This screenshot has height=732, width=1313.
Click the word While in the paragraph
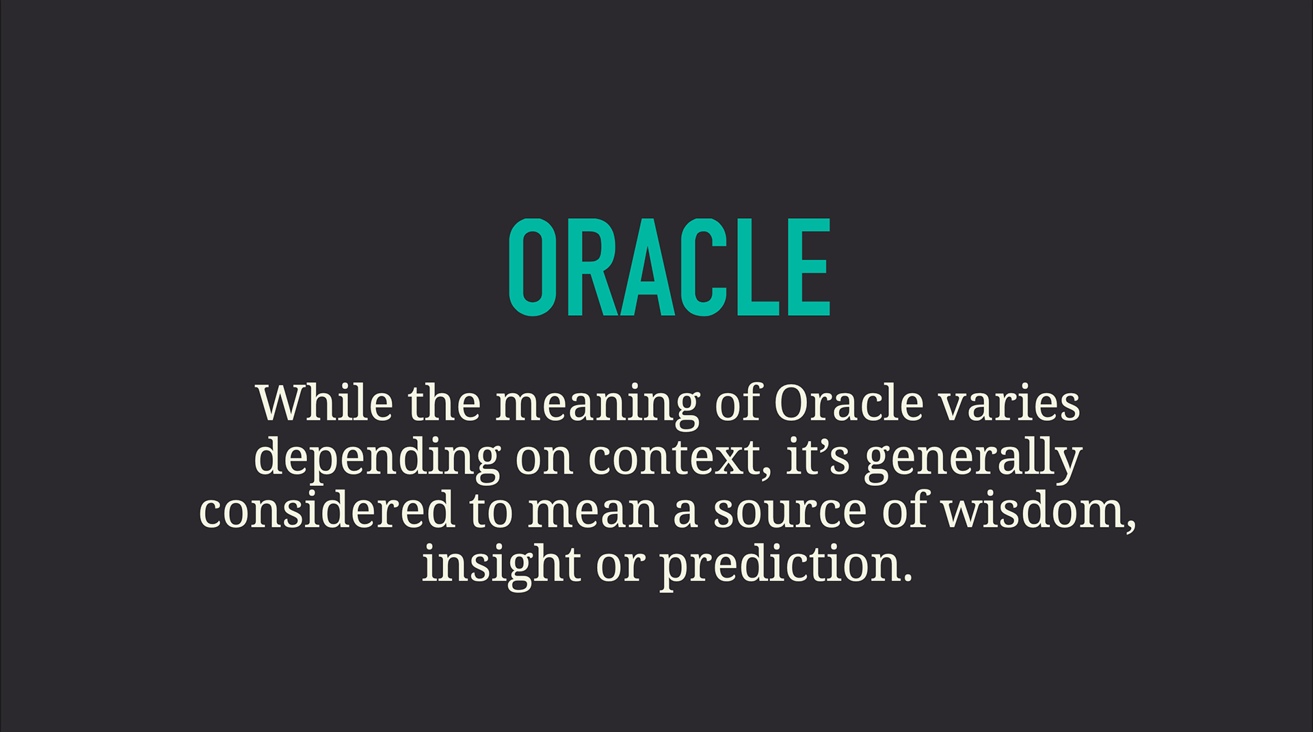pyautogui.click(x=324, y=403)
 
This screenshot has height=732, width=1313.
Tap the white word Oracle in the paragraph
pyautogui.click(x=849, y=403)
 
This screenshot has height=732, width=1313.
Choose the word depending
pyautogui.click(x=377, y=459)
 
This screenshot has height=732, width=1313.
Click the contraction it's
pyautogui.click(x=817, y=457)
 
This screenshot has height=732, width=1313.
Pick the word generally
pyautogui.click(x=973, y=459)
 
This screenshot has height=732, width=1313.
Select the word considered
pyautogui.click(x=327, y=510)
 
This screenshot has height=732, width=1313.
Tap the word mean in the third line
pyautogui.click(x=593, y=513)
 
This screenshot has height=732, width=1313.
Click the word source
pyautogui.click(x=790, y=513)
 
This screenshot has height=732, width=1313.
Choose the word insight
pyautogui.click(x=501, y=567)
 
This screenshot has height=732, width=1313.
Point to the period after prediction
pyautogui.click(x=907, y=578)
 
